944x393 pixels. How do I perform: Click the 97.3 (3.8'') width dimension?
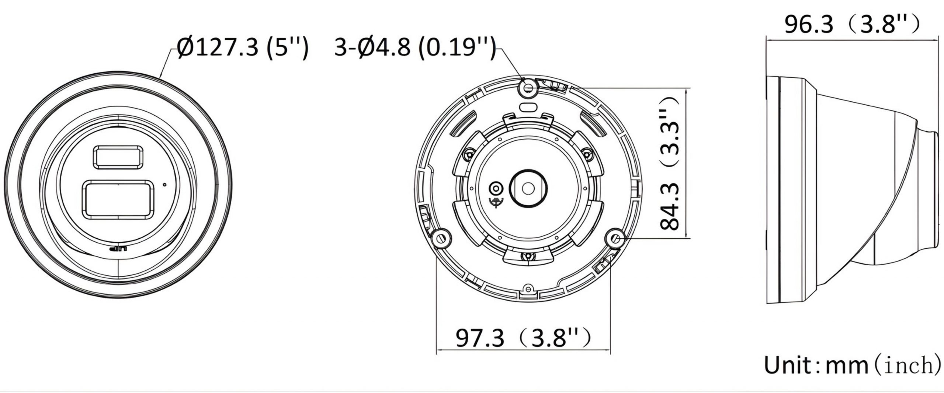pos(524,337)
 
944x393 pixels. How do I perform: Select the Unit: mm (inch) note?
pos(852,365)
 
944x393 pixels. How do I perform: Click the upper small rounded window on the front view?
pos(118,157)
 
